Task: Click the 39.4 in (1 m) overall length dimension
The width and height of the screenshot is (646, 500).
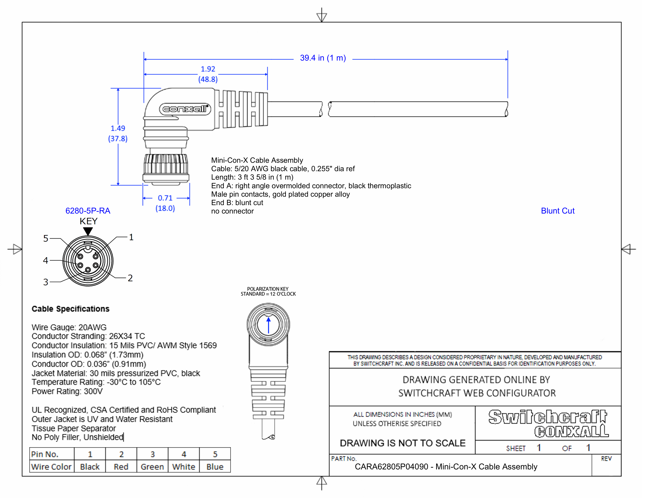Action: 323,58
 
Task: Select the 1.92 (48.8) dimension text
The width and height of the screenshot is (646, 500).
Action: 208,74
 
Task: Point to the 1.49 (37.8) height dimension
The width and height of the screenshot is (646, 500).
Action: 118,134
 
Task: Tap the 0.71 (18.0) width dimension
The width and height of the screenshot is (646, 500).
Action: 165,203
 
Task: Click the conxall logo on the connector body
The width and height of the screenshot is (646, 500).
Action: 185,109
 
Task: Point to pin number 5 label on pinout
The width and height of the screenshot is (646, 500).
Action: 46,238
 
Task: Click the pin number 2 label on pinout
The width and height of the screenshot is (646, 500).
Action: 130,278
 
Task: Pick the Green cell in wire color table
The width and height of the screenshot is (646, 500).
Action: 152,467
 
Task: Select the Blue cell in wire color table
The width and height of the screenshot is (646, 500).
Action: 215,467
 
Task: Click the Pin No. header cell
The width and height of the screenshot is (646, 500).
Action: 45,454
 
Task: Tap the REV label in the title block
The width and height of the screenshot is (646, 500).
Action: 606,459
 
